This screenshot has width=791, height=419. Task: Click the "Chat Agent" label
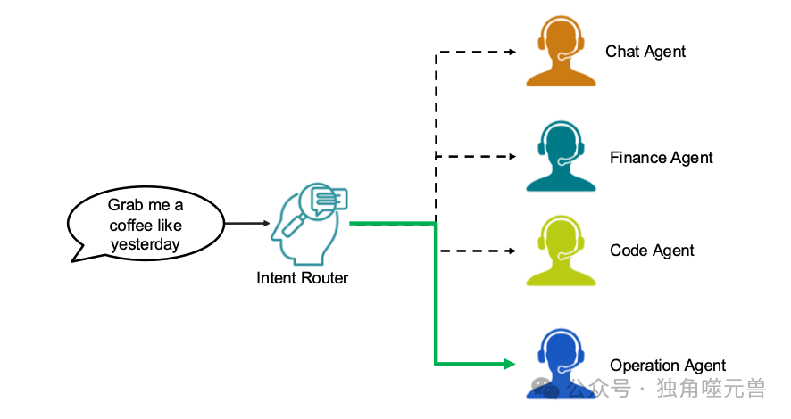(x=645, y=52)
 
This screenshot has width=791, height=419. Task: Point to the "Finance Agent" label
(x=661, y=158)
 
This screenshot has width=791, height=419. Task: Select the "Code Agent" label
(x=652, y=251)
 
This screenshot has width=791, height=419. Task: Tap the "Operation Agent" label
(x=667, y=366)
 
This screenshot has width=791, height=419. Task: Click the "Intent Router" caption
(x=302, y=278)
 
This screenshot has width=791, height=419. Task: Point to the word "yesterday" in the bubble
(x=146, y=243)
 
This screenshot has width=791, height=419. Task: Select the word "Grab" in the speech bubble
(x=126, y=205)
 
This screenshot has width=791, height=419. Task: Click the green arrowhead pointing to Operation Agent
(x=510, y=364)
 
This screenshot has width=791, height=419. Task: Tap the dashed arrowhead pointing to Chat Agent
(x=511, y=53)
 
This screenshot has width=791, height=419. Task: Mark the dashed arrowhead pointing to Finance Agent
(x=511, y=157)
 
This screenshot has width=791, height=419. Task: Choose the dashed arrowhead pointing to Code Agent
(x=511, y=251)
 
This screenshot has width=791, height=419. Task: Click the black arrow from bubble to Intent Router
(x=246, y=223)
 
